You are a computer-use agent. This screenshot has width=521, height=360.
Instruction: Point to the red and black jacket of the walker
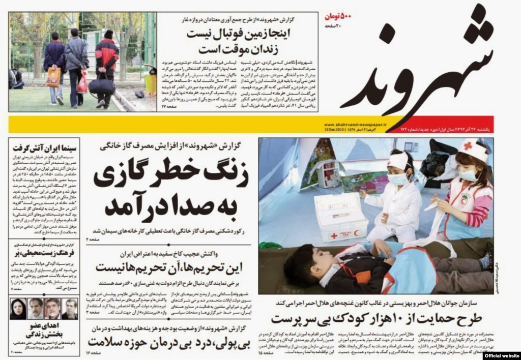107,54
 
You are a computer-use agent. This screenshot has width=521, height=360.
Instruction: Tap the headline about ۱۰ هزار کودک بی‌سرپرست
377,319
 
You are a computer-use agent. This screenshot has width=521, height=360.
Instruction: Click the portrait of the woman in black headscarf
18,309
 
